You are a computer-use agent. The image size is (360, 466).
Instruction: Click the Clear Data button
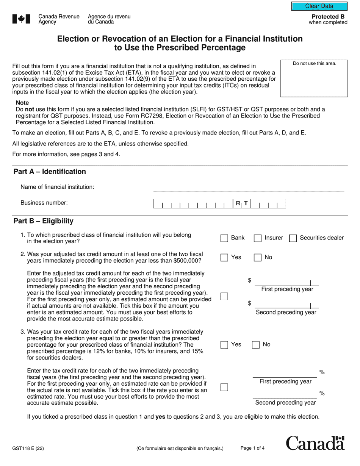pos(319,6)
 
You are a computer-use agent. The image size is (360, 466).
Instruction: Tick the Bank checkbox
pos(224,238)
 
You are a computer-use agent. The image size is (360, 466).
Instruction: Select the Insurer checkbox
pos(258,238)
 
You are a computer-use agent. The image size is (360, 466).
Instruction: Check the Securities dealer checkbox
pos(293,238)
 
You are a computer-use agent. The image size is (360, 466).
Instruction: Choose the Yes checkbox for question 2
pos(224,258)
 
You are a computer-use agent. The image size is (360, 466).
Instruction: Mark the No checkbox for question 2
pos(258,258)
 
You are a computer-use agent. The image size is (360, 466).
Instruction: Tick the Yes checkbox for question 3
pos(224,345)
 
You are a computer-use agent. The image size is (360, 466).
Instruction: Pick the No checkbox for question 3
pos(256,345)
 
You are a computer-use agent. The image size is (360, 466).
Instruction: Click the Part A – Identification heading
pos(50,172)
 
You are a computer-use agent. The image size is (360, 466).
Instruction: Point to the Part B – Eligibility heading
pos(44,221)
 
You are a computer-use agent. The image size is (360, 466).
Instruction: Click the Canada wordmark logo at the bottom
pos(315,443)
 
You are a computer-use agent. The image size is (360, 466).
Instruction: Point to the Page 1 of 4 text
pos(252,448)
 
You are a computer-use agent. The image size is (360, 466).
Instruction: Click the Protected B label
pos(325,17)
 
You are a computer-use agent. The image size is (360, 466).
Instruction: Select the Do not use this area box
pos(314,78)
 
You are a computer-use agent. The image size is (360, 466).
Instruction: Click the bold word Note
pos(22,103)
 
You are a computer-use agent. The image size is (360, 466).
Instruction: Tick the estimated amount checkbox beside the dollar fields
pos(224,297)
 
